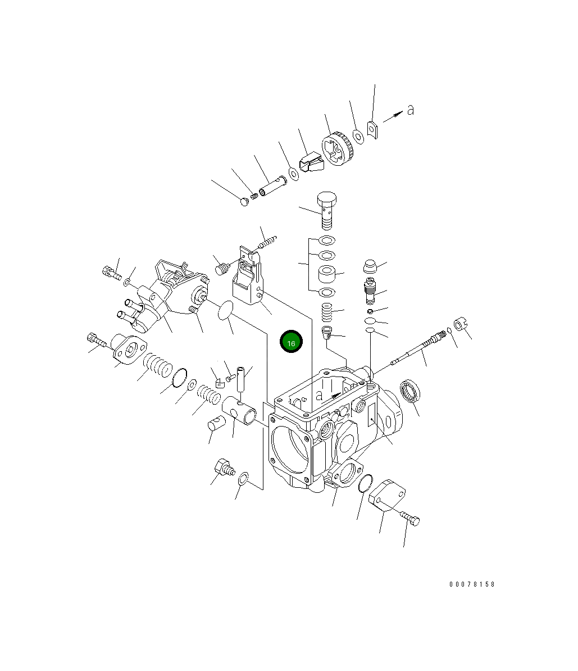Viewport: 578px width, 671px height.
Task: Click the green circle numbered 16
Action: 291,342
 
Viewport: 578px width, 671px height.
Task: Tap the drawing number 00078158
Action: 471,584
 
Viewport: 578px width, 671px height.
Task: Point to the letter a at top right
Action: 410,110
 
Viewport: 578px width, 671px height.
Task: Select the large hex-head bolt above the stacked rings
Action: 327,211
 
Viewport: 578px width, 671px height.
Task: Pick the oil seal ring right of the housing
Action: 410,391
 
